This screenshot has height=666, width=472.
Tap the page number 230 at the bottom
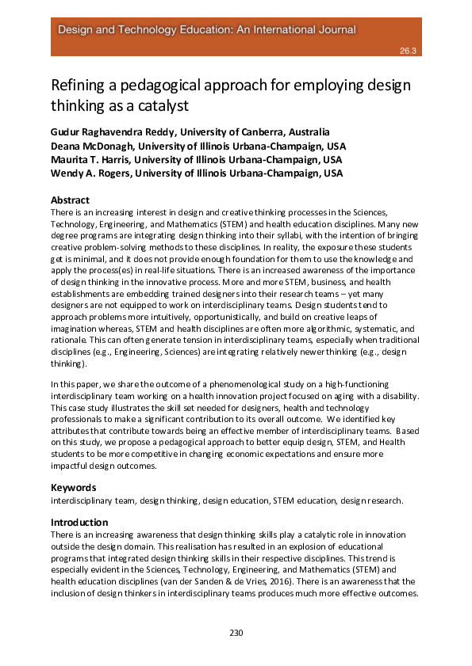[x=236, y=633]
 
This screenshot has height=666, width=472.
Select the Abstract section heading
[x=70, y=200]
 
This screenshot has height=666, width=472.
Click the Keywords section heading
[x=74, y=488]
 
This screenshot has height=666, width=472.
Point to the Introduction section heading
[x=79, y=523]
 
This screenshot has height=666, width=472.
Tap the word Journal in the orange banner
[x=336, y=29]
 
